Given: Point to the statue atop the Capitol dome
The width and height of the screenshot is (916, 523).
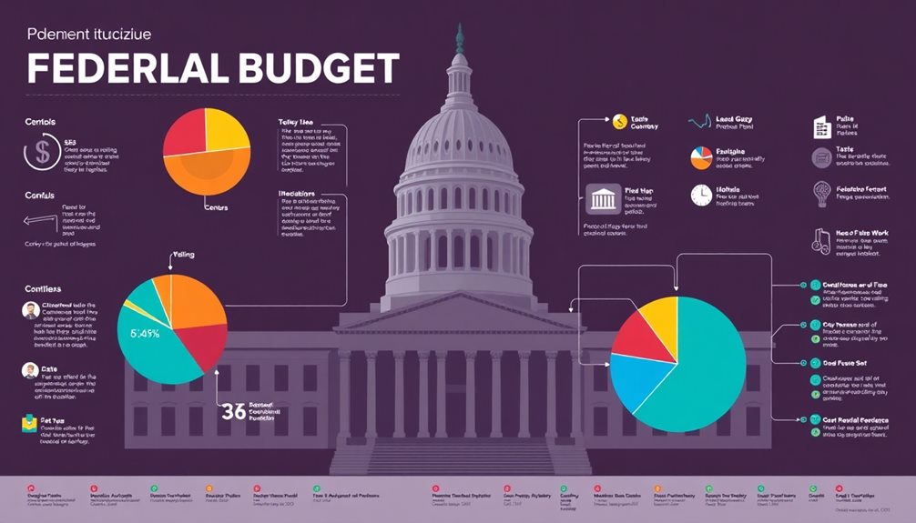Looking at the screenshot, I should point(459,38).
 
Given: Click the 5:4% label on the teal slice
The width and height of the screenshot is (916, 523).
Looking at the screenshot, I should point(145,333).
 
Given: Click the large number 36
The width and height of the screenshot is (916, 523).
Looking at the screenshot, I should point(233,411).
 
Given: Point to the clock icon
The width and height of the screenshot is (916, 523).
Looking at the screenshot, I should point(700,195).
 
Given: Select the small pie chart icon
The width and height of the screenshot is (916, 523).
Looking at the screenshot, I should point(699,157).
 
